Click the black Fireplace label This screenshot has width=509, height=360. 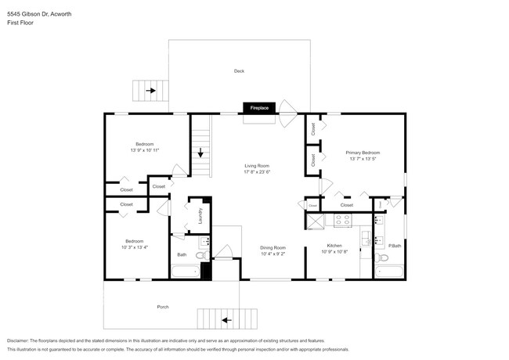pyautogui.click(x=258, y=108)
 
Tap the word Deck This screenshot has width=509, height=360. pyautogui.click(x=239, y=71)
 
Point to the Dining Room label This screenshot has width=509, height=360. pyautogui.click(x=273, y=247)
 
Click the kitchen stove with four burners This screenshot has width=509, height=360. pyautogui.click(x=342, y=221)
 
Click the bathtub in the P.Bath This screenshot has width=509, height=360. pyautogui.click(x=388, y=272)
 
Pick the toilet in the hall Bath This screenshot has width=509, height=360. pyautogui.click(x=201, y=255)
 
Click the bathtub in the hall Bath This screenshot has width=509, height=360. pyautogui.click(x=185, y=272)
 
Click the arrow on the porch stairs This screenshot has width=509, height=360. pyautogui.click(x=226, y=319)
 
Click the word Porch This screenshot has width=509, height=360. pyautogui.click(x=163, y=307)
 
